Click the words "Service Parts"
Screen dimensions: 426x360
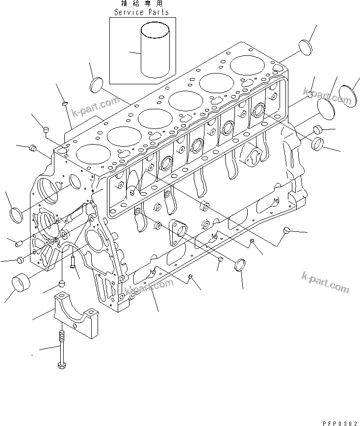[141, 12]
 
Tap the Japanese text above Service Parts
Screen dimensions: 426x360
[141, 4]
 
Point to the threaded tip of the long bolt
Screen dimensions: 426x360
[61, 337]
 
